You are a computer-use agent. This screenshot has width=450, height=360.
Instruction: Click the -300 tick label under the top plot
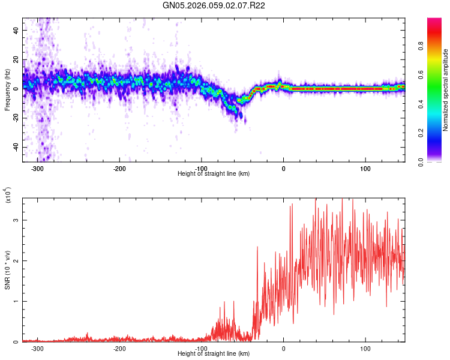[x=37, y=169]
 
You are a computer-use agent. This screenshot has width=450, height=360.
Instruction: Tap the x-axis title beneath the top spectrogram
[x=214, y=174]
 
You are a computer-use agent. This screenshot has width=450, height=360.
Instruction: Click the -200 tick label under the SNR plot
[x=119, y=349]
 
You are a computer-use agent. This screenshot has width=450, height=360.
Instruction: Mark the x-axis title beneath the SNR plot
[x=214, y=354]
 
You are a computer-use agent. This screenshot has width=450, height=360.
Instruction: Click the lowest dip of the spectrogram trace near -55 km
[x=240, y=102]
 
